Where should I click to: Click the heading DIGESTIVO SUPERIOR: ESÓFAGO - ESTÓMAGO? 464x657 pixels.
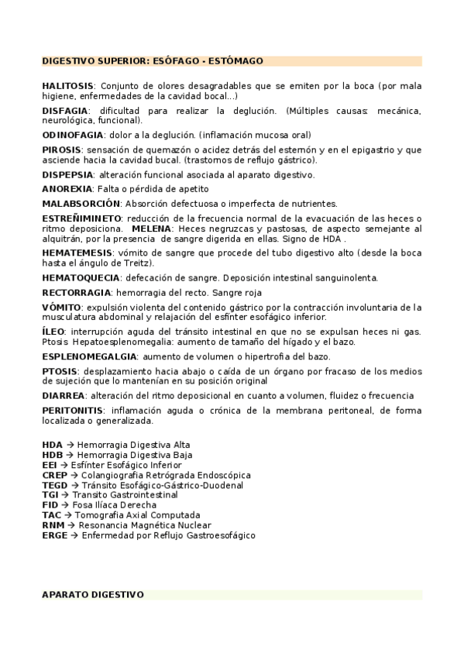click(x=153, y=60)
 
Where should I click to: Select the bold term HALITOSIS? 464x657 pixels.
click(x=67, y=85)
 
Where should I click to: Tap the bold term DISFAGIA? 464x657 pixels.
click(x=65, y=111)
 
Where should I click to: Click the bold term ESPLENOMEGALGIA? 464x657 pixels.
click(x=89, y=356)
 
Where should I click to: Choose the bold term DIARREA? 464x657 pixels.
click(x=63, y=395)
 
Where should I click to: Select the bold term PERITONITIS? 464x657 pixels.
click(x=73, y=410)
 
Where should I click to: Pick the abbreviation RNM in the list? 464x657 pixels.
click(x=54, y=525)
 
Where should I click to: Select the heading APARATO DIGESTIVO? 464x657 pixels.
click(x=93, y=595)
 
